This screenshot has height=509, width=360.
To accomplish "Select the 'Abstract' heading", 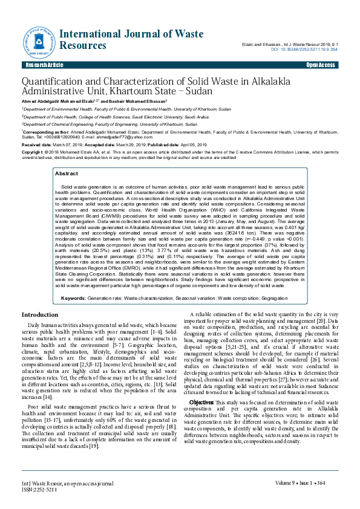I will pyautogui.click(x=67, y=173).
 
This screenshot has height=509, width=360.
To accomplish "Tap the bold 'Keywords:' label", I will pyautogui.click(x=73, y=299).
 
